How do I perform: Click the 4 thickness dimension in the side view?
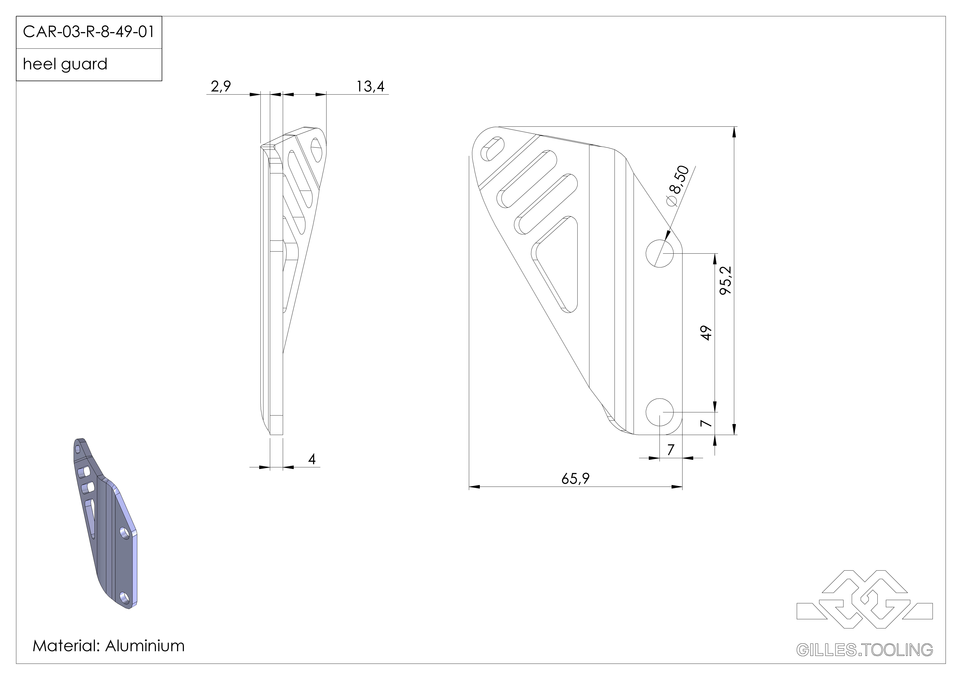pos(312,459)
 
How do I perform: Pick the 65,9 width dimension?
pos(575,478)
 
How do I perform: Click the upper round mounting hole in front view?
pos(659,253)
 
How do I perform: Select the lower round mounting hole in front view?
pos(659,412)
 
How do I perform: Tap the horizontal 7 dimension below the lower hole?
pos(670,450)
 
